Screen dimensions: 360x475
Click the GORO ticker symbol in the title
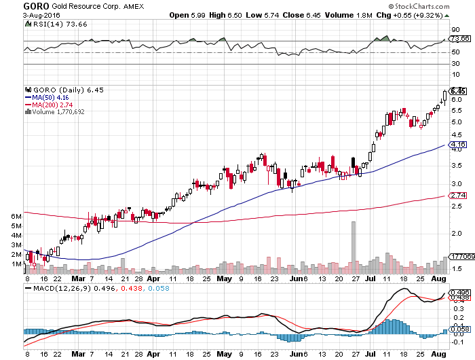[x=12, y=5]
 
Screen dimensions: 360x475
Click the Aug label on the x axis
[x=438, y=278]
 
